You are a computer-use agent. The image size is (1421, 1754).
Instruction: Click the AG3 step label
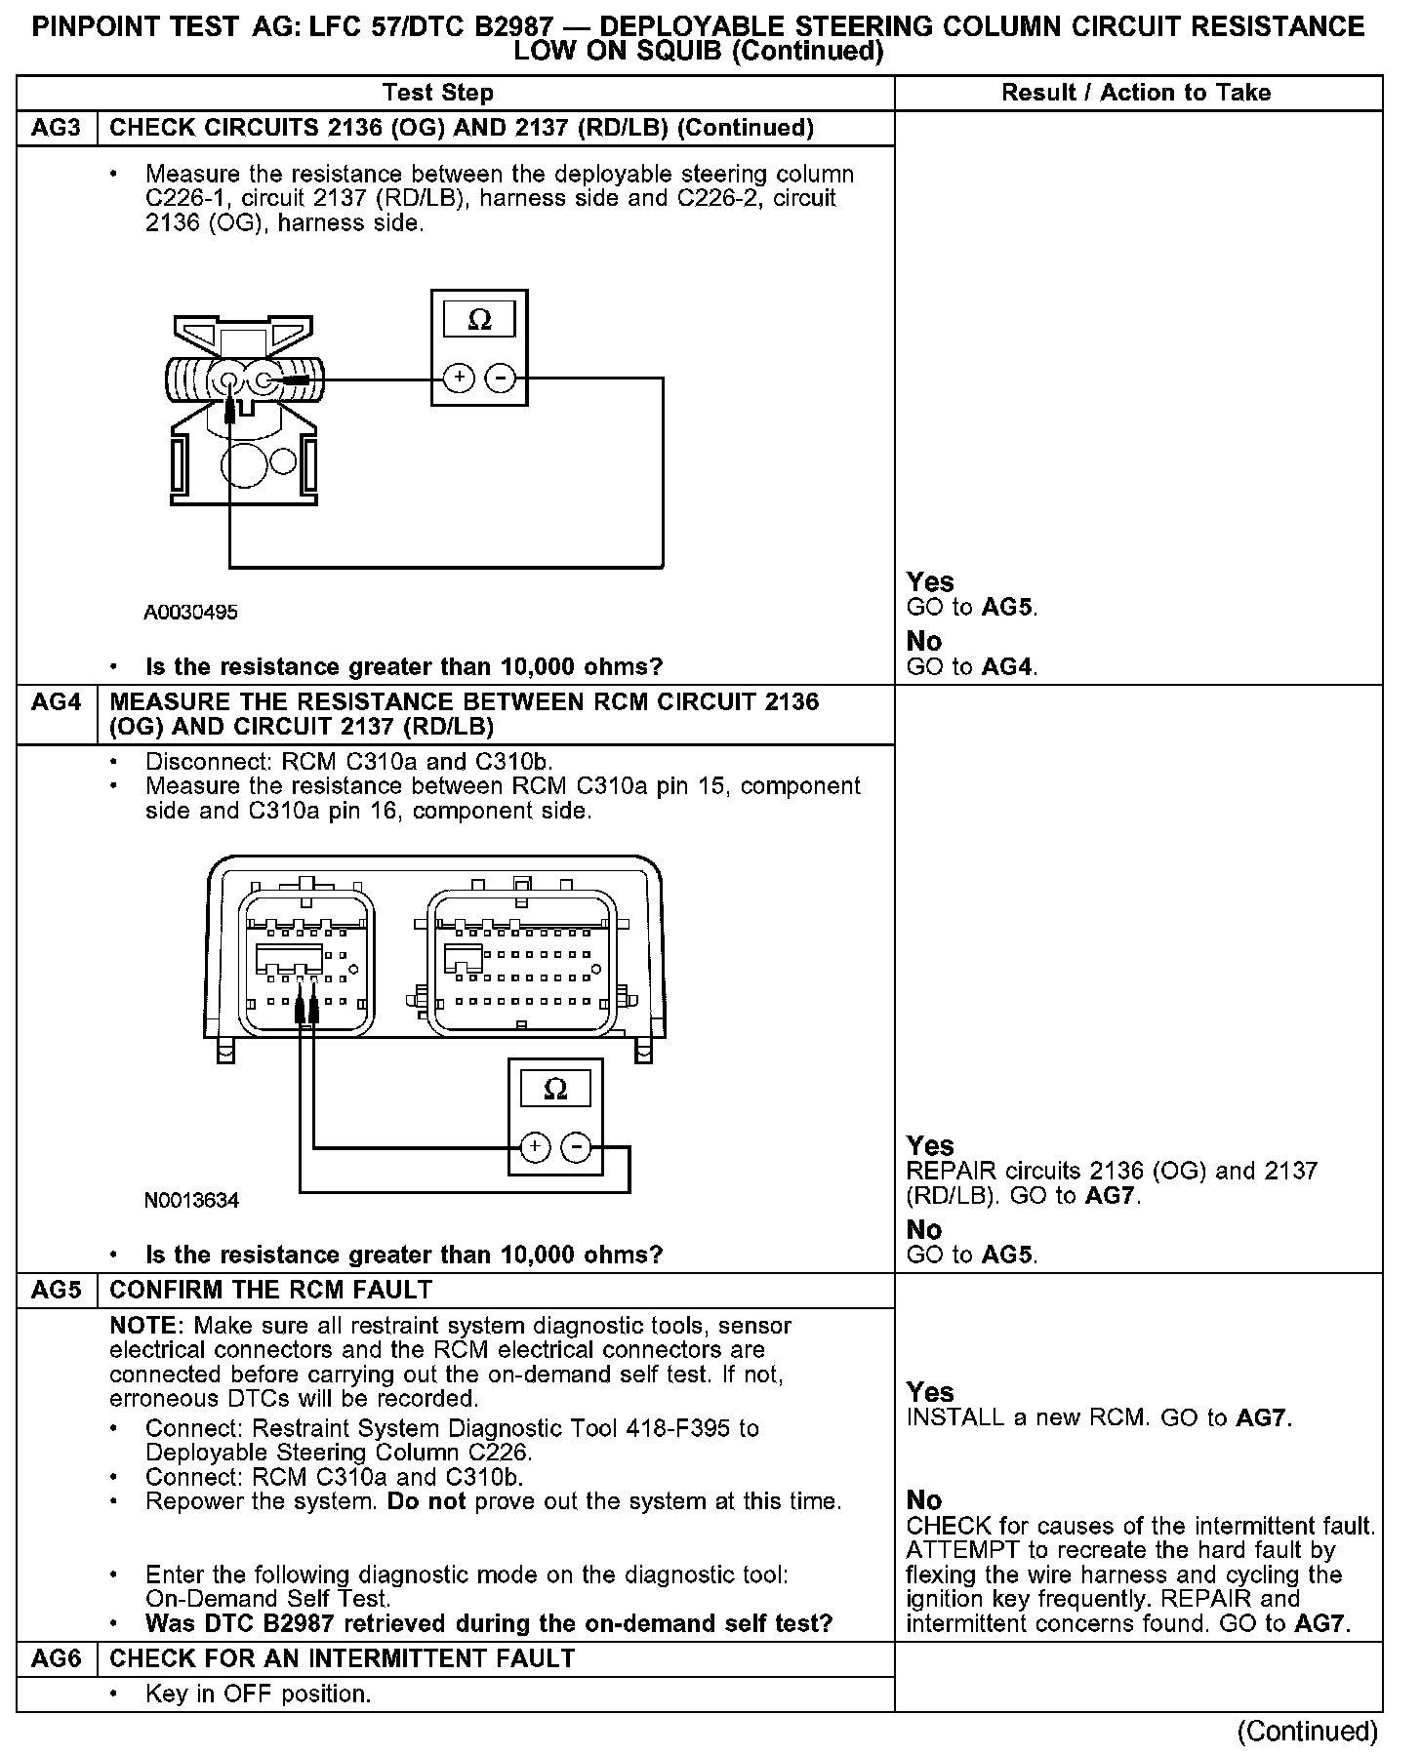pos(57,129)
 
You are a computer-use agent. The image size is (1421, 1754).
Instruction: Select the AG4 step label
pos(57,702)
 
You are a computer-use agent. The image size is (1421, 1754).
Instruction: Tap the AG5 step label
pos(57,1290)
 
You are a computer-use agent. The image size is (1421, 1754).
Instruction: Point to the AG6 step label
pos(57,1658)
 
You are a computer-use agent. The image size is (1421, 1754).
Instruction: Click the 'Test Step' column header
pos(438,93)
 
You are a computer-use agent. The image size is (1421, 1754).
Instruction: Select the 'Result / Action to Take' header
pos(1136,93)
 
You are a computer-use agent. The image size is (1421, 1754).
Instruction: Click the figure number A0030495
pos(191,613)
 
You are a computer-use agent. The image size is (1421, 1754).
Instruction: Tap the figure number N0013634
pos(191,1200)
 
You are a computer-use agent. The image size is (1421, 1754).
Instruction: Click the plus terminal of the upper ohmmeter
pos(459,379)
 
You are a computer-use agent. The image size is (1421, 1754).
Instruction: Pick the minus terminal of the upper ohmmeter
pos(500,379)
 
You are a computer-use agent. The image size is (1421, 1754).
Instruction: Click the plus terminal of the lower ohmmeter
pos(535,1147)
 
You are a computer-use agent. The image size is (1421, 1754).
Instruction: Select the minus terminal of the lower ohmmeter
pos(576,1147)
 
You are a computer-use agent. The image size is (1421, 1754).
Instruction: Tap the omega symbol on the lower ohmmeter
pos(555,1089)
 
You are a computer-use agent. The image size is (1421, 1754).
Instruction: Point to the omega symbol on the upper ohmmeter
pos(479,320)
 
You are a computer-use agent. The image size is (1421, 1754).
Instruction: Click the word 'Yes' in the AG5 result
pos(930,1392)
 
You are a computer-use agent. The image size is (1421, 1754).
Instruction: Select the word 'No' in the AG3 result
pos(924,641)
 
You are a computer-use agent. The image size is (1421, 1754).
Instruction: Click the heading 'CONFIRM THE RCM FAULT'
pos(270,1290)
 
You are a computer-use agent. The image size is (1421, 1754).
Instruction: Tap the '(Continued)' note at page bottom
pos(1307,1731)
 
